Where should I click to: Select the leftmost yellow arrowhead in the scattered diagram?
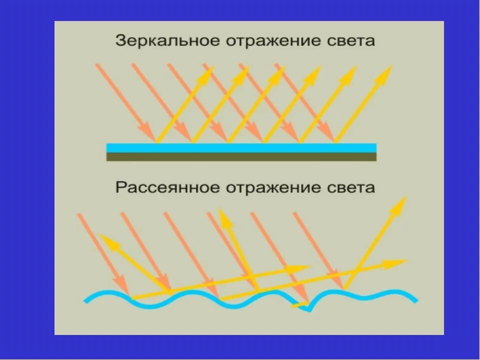click(106, 240)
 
